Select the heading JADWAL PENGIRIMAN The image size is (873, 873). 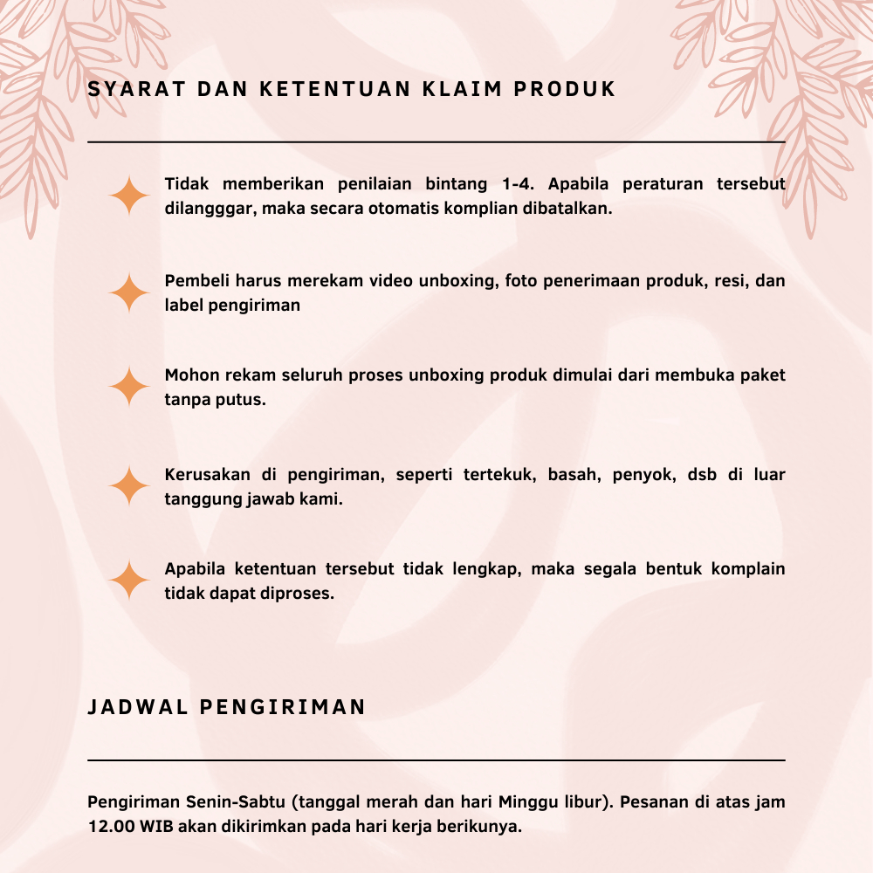point(227,707)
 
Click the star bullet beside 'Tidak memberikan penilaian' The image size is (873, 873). point(130,196)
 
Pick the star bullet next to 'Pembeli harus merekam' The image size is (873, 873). point(130,293)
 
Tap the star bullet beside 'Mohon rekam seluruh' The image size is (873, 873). point(130,387)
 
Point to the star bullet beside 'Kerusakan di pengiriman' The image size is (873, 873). point(130,486)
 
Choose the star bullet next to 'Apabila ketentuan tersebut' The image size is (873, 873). point(130,580)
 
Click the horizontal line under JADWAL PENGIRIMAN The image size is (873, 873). point(436,760)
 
